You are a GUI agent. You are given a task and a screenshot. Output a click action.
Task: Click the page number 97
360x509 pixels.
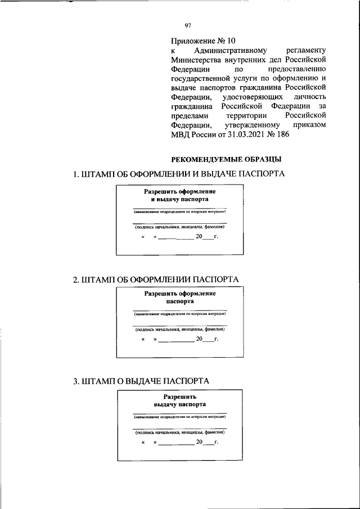tap(188, 24)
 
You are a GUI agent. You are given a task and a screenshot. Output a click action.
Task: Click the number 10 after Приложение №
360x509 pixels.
tap(226, 40)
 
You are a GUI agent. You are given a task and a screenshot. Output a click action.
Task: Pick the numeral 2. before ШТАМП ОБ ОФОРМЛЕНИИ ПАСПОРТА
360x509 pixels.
tap(76, 280)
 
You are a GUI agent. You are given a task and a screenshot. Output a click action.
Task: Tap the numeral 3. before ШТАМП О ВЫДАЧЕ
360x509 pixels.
tap(76, 381)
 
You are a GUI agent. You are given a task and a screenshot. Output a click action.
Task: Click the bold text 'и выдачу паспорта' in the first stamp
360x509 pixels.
tap(179, 199)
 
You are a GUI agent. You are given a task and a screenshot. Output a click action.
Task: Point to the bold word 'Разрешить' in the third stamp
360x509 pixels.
tap(179, 396)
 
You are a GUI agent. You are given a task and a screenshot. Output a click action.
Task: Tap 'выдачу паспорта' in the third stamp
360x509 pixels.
tap(179, 404)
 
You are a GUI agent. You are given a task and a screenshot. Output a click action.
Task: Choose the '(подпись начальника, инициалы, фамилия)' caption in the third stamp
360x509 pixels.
tap(179, 433)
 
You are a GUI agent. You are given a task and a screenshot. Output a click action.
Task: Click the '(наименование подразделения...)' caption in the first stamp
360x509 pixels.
tap(179, 213)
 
